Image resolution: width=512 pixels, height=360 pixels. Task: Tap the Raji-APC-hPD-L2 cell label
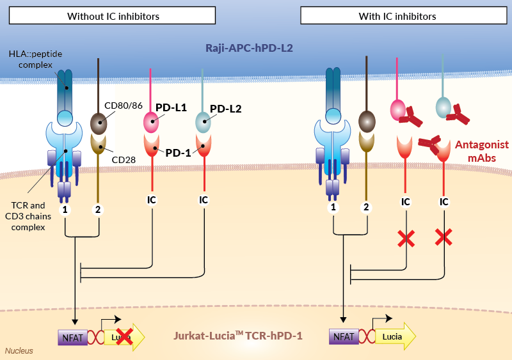(x=250, y=48)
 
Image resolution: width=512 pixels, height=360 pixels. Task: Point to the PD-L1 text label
(x=171, y=108)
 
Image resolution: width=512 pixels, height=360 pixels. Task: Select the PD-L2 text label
(x=226, y=108)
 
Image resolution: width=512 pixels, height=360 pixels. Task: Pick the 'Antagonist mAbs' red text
(x=482, y=150)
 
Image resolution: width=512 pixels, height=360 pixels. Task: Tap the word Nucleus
(x=19, y=350)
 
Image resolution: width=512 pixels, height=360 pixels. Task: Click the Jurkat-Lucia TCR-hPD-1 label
(x=238, y=334)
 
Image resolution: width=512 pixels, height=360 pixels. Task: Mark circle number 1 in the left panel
(x=65, y=208)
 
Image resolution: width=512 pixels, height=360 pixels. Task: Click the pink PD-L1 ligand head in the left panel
(x=152, y=121)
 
